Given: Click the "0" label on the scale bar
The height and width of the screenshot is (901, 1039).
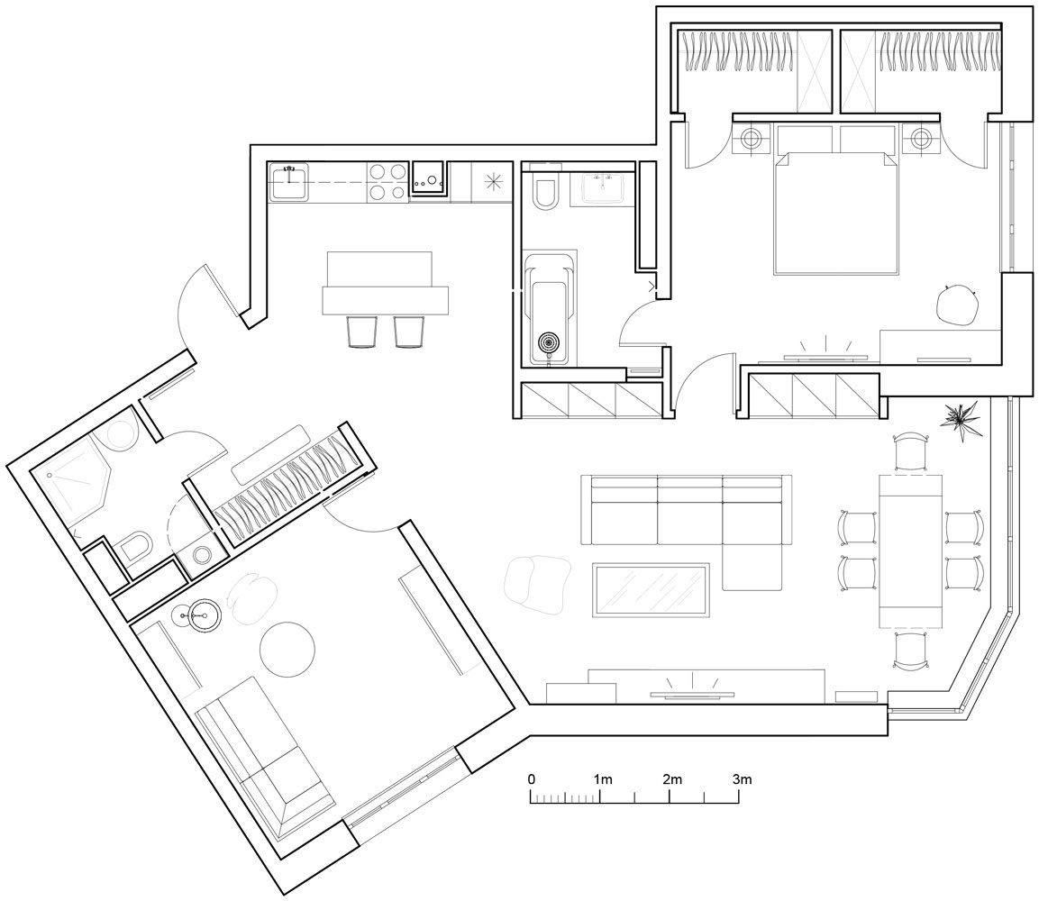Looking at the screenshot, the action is click(x=532, y=779).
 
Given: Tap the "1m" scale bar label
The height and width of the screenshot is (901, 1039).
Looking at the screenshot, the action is click(x=602, y=779).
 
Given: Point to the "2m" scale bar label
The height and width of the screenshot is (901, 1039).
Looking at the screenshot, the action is click(x=672, y=779).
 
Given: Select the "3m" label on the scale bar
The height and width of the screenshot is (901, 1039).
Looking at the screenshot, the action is click(x=743, y=779).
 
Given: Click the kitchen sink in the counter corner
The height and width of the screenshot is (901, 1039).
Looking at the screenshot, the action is click(x=289, y=181).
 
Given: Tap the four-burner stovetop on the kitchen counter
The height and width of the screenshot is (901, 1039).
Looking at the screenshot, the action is click(x=387, y=181).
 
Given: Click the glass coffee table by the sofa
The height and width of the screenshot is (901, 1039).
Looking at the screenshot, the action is click(x=651, y=589).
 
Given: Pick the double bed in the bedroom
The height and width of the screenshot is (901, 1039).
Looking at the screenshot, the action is click(x=836, y=212).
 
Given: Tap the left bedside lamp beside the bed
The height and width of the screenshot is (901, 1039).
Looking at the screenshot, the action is click(x=752, y=139).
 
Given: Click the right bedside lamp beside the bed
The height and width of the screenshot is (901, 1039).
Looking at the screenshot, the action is click(x=921, y=139).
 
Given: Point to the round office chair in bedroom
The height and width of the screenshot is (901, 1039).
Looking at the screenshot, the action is click(x=957, y=305).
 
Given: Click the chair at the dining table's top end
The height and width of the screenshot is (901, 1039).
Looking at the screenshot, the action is click(x=910, y=451).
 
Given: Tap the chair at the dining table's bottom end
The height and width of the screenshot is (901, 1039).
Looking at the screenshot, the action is click(x=910, y=651).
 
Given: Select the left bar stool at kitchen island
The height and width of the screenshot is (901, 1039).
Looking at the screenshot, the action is click(x=362, y=331).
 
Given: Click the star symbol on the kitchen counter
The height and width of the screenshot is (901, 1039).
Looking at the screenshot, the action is click(x=494, y=181).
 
